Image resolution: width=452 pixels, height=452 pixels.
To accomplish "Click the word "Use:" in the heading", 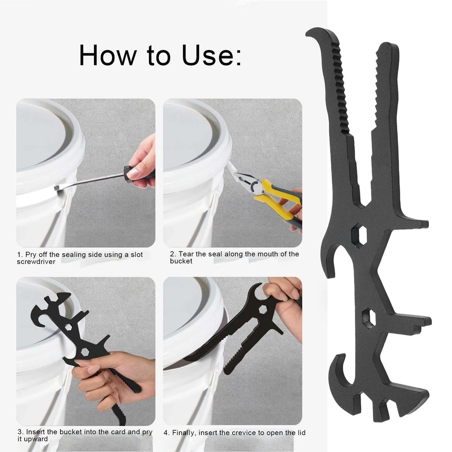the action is click(x=211, y=55).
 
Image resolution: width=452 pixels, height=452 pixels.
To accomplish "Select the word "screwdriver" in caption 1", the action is click(x=36, y=262).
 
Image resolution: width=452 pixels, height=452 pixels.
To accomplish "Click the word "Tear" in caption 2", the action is click(x=186, y=254).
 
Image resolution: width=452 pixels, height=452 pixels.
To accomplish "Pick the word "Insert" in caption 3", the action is click(x=35, y=432).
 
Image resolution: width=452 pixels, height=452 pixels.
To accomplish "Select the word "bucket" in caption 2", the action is click(x=181, y=261).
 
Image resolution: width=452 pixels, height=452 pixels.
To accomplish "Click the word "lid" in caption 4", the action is click(x=301, y=433).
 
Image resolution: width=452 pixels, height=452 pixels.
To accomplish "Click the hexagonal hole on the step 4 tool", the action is click(x=263, y=309).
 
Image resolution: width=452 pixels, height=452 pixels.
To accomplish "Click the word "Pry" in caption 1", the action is click(x=31, y=255).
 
